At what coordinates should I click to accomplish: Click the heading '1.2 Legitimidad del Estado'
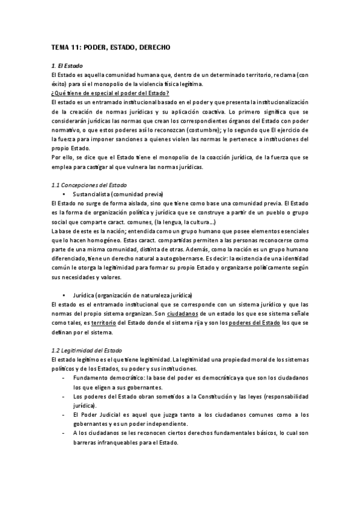(x=88, y=350)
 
